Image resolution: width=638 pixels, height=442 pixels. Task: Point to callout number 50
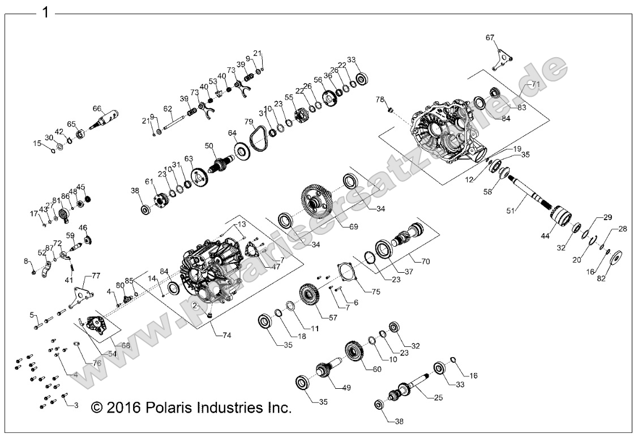point(209,146)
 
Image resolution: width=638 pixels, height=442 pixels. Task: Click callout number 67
point(490,38)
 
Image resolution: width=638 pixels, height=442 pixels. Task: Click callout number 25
point(438,398)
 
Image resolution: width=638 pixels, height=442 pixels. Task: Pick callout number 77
point(96,276)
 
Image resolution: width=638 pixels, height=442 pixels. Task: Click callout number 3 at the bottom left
point(76,405)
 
